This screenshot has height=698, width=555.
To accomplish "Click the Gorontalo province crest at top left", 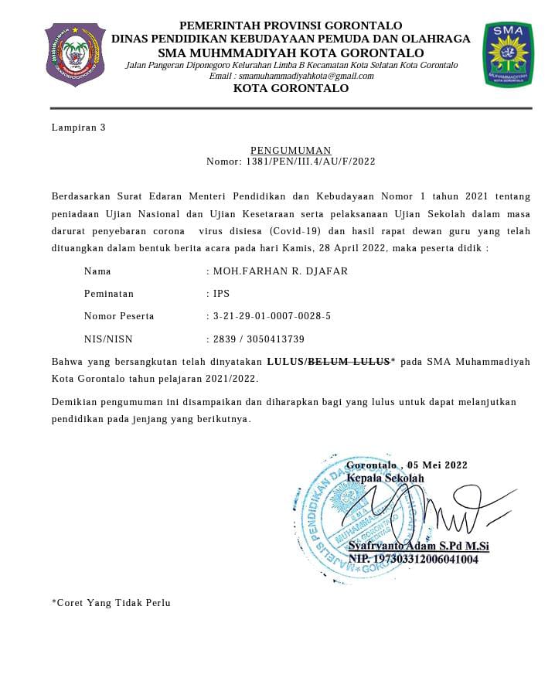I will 75,54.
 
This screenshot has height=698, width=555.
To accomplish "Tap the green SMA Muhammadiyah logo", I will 507,54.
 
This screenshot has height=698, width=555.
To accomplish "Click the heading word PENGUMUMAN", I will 291,150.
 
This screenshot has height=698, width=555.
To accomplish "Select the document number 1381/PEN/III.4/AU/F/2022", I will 311,162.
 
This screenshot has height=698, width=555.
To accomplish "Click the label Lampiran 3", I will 78,128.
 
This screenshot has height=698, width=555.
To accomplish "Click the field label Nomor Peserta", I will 119,316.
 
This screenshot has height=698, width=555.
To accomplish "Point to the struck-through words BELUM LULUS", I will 349,361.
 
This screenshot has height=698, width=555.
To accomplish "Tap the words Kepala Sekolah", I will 385,478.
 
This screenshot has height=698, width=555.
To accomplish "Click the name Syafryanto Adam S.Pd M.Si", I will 418,546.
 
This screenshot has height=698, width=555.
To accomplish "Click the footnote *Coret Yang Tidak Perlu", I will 111,603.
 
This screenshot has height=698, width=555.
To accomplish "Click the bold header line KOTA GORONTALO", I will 291,88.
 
